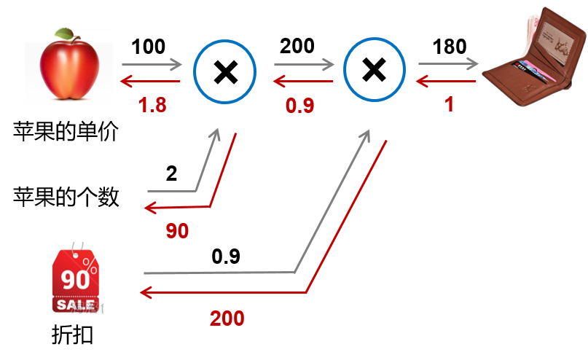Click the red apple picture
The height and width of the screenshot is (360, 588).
pos(68,69)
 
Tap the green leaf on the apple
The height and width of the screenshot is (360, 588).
pos(65,33)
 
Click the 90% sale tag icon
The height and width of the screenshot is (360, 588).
pos(75,279)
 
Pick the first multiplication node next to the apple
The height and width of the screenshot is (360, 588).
pos(224,71)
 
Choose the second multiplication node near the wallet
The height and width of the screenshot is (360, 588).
pos(374,70)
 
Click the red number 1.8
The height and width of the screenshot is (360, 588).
pos(152,105)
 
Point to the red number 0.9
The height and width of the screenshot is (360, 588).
pos(299,106)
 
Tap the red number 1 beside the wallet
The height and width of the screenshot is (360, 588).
pos(450,105)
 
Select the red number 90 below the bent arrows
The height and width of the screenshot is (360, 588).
pos(177,231)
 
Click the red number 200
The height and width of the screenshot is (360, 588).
pos(227,318)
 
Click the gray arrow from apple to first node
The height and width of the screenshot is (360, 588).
pos(152,65)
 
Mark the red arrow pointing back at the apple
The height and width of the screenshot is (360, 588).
pos(151,81)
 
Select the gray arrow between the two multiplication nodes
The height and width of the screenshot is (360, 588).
pos(304,65)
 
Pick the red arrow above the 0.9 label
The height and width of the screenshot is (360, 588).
pos(303,81)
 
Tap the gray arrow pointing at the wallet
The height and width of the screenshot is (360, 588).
pos(447,64)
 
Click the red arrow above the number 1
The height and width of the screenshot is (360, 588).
pos(446,81)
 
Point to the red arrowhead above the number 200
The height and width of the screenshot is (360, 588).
pos(145,293)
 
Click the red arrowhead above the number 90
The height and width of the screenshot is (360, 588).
pos(150,208)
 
